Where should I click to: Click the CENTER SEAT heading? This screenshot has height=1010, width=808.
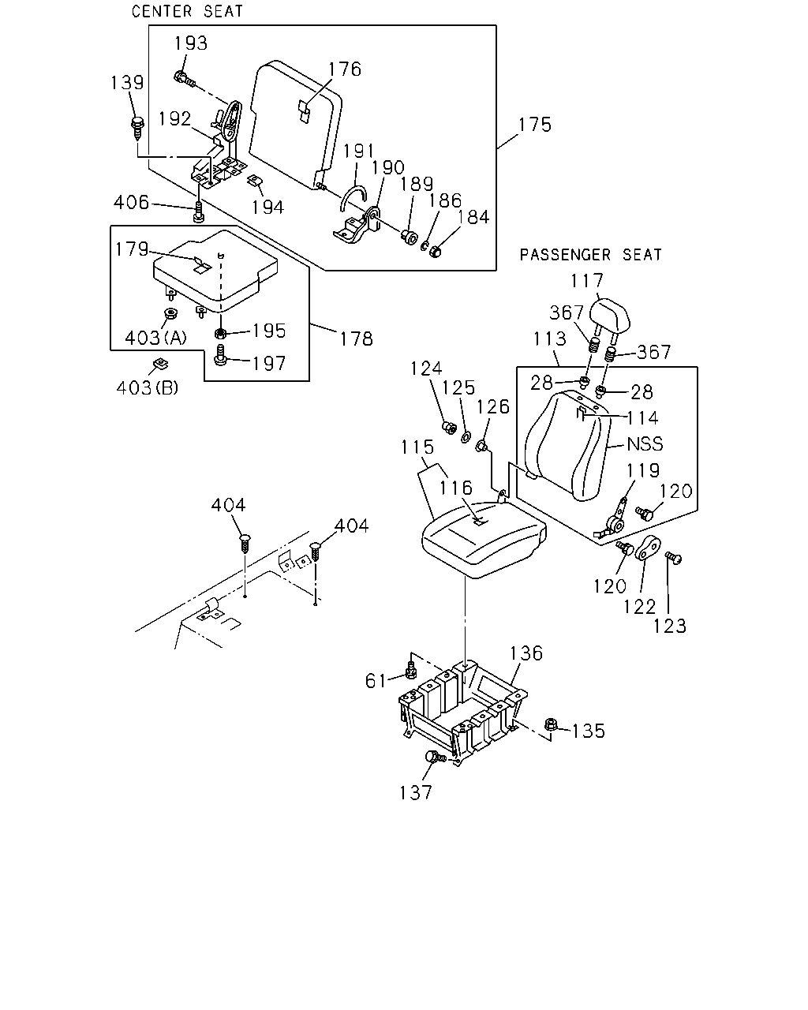point(187,11)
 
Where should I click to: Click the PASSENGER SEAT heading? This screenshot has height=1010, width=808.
point(591,255)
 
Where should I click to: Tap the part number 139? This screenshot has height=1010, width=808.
point(127,83)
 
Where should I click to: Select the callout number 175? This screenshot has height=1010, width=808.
point(535,125)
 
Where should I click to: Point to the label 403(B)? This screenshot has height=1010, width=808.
point(148,387)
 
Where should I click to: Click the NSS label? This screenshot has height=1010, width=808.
point(645,444)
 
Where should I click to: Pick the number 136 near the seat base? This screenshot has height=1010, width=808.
point(526,653)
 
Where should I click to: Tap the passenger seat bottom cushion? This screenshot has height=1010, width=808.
point(484,540)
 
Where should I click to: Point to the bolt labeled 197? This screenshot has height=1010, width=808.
point(220,355)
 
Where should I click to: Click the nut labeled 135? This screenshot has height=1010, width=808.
point(552,724)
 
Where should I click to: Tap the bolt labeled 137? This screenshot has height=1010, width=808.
point(435,757)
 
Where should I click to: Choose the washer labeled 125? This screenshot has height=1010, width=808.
point(466,437)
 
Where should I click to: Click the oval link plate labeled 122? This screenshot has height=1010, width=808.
point(648,548)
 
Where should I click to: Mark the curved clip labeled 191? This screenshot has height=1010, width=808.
point(353,197)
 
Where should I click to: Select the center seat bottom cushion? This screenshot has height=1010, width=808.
point(215,271)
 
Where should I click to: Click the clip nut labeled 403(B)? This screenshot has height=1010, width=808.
point(161,364)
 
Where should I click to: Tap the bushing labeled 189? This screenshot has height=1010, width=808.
point(409,237)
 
